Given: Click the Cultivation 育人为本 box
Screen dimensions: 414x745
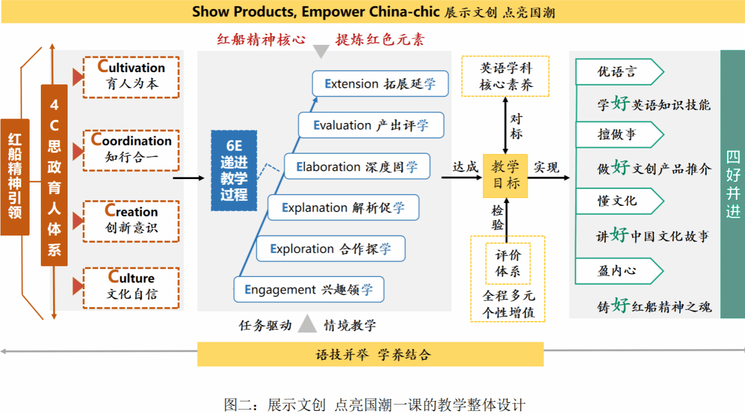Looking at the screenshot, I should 131,77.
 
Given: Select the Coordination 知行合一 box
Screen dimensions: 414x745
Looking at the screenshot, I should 131,150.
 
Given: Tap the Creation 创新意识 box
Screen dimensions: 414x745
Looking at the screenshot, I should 131,221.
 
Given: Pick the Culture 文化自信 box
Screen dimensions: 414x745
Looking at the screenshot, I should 131,288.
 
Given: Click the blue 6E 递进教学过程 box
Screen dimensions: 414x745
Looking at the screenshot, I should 234,171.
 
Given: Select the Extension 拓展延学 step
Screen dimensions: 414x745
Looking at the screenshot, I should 380,84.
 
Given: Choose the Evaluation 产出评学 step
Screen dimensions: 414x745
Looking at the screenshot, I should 371,125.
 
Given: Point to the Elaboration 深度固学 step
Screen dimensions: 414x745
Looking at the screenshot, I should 357,167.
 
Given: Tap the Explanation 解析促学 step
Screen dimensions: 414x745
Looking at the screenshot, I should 343,208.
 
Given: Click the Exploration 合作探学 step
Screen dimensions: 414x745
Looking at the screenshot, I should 331,249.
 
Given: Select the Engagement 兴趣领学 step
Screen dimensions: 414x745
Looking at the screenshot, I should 309,290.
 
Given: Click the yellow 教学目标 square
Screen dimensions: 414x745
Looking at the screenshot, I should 505,175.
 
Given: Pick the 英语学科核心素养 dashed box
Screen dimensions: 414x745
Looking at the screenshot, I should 506,76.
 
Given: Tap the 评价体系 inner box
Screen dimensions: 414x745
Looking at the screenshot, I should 507,263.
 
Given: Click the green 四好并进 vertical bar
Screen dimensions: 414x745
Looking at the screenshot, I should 733,184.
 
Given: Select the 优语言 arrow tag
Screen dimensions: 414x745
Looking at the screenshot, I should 619,72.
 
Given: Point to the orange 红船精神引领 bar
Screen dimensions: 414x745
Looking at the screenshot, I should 15,177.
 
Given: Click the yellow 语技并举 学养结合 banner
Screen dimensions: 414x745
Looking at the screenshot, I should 370,355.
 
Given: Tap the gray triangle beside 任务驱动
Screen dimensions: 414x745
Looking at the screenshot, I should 307,324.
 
